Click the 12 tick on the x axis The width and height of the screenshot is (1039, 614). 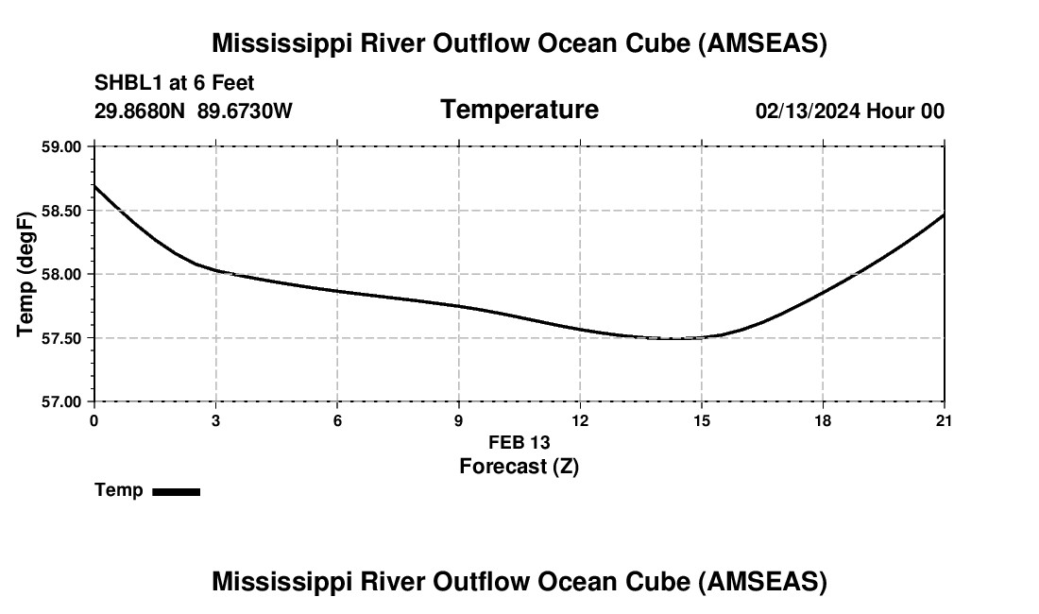coord(580,420)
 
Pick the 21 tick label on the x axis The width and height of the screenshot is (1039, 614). coord(945,420)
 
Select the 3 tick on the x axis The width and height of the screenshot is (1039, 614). coord(216,420)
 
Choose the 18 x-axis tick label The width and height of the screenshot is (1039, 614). coord(823,420)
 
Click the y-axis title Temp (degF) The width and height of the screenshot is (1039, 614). coord(26,274)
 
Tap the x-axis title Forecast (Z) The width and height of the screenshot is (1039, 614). coord(519,466)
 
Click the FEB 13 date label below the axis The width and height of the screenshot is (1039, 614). coord(519,442)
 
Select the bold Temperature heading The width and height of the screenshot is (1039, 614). coord(519,110)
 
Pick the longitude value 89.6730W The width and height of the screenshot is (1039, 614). coord(245,111)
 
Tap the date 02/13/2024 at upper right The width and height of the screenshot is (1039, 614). coord(808,111)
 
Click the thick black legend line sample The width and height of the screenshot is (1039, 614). coord(176,491)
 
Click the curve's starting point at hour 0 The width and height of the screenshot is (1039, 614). coord(94,185)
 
